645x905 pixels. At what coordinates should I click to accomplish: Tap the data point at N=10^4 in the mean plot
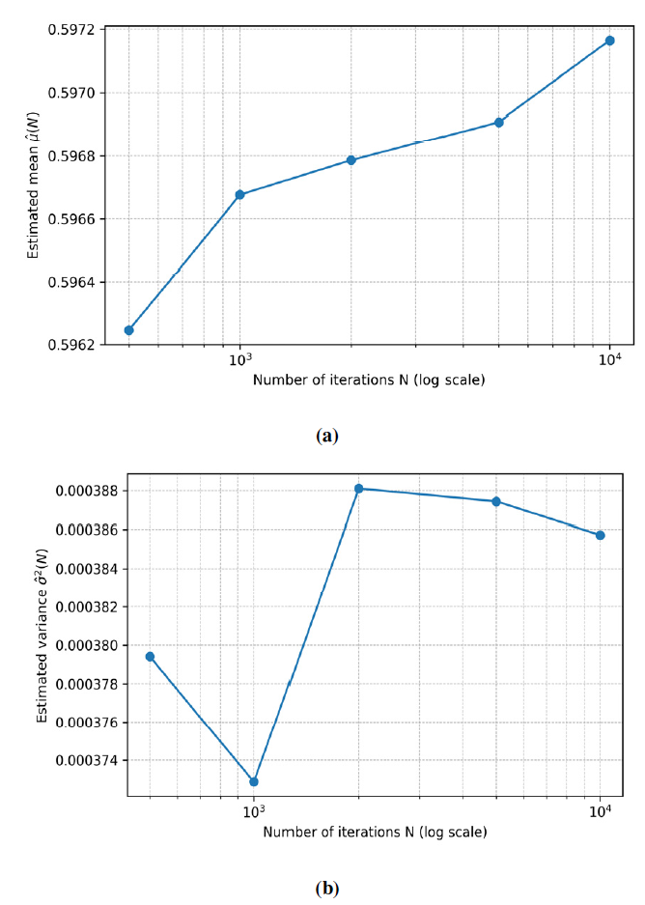[x=609, y=41]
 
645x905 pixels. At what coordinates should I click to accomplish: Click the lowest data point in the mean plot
[x=129, y=330]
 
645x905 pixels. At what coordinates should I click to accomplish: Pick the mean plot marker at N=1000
[x=240, y=194]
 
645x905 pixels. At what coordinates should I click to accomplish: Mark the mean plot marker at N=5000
[x=499, y=123]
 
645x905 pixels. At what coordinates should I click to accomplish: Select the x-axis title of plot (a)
[x=369, y=381]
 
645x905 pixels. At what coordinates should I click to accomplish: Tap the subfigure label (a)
[x=326, y=436]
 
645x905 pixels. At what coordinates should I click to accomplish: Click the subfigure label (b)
[x=326, y=888]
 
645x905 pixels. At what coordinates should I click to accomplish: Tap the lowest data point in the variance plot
[x=254, y=781]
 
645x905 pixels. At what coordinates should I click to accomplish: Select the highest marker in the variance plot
[x=358, y=489]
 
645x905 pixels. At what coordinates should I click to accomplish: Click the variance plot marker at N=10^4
[x=601, y=535]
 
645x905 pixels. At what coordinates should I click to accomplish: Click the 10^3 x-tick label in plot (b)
[x=254, y=810]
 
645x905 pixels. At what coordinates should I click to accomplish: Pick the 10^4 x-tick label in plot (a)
[x=610, y=360]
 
